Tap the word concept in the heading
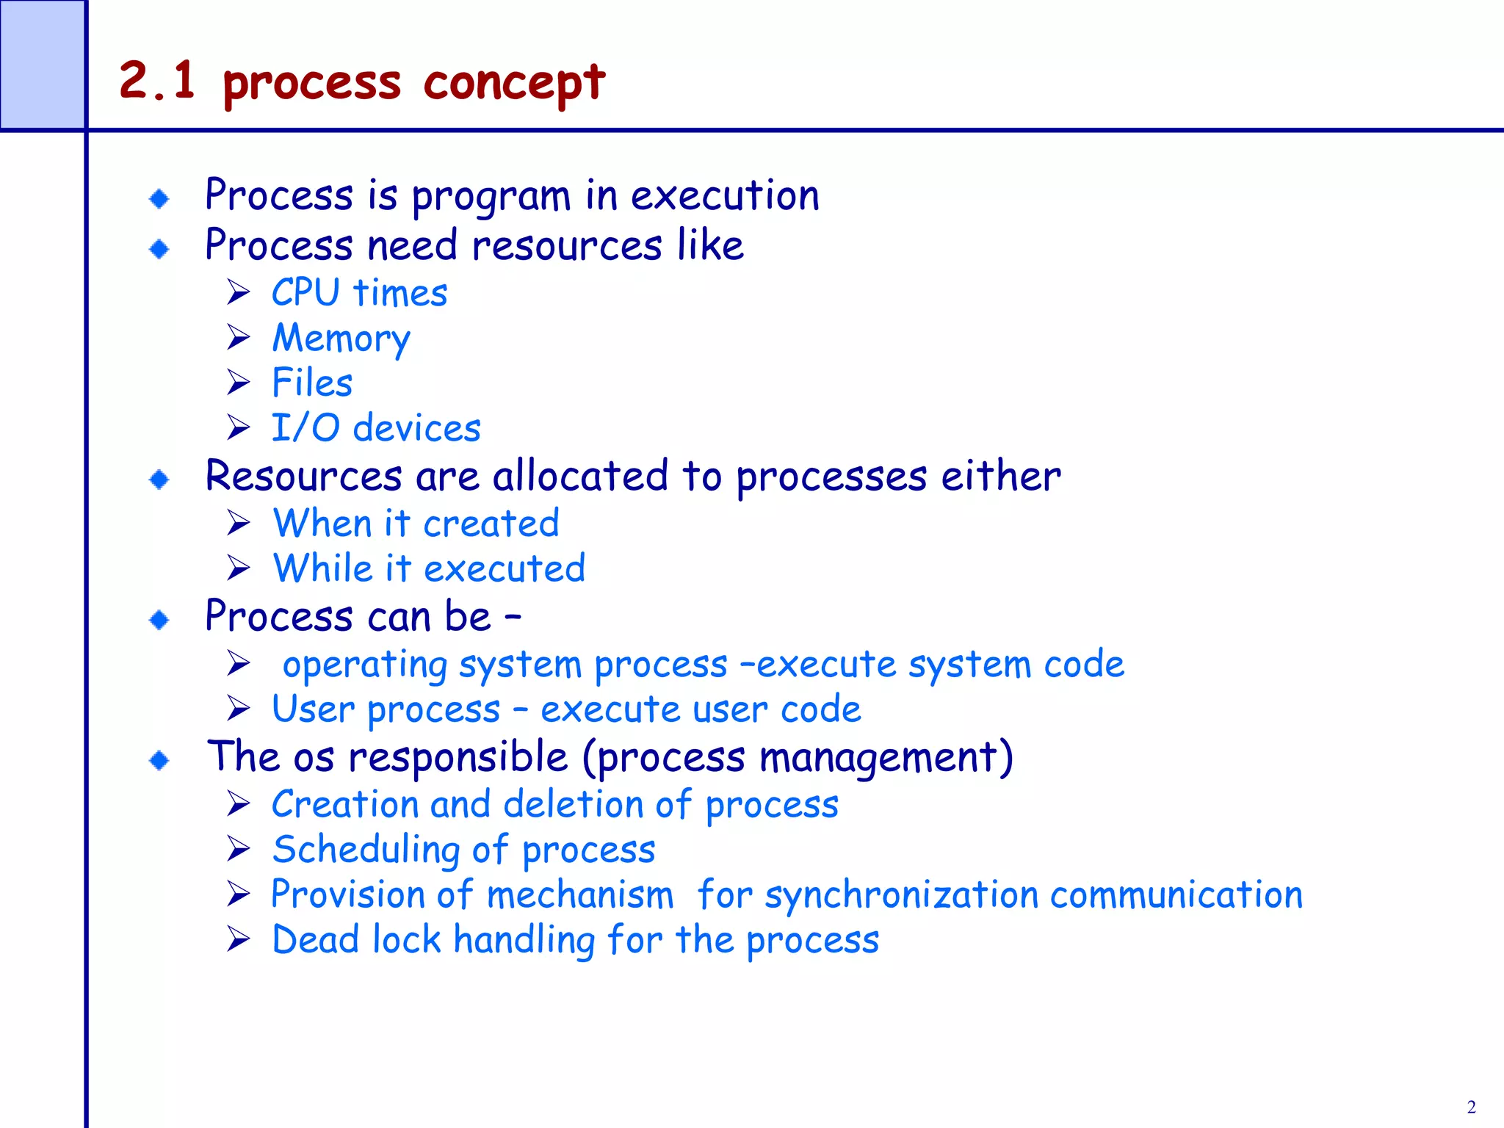pos(514,82)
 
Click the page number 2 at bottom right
pos(1471,1107)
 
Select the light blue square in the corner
pos(42,64)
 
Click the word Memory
pos(341,339)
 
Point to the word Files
pos(312,383)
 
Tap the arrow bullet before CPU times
pos(239,292)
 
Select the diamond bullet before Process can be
pos(159,620)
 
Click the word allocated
pos(580,476)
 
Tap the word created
pos(491,524)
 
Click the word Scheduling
pos(366,850)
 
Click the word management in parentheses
pos(878,758)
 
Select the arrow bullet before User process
pos(239,709)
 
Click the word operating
pos(365,665)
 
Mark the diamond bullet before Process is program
pos(159,198)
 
